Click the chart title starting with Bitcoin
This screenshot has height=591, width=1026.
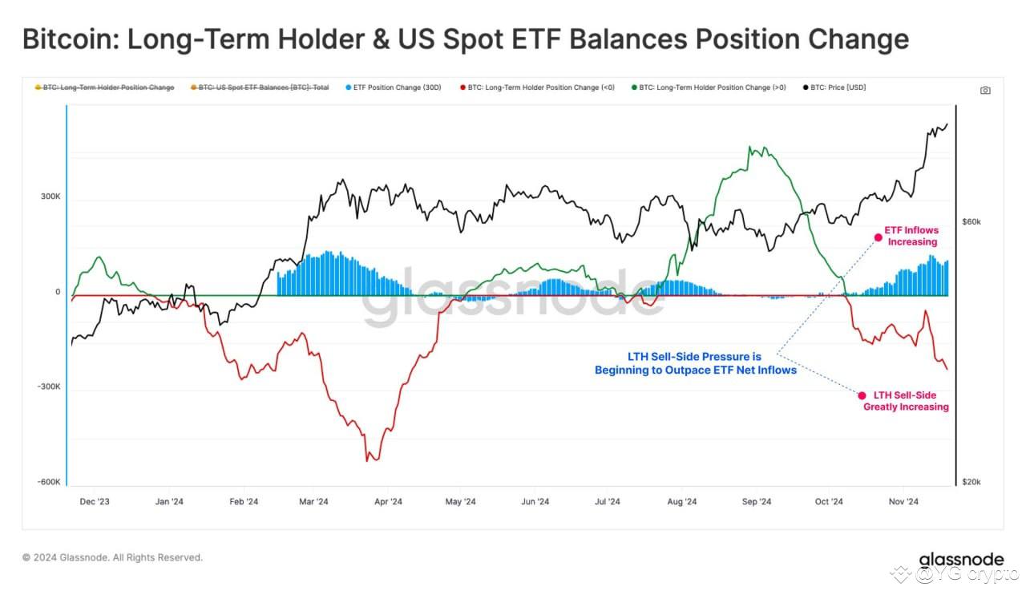[465, 39]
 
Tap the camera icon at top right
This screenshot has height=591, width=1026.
[985, 90]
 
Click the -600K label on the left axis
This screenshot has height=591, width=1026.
[48, 482]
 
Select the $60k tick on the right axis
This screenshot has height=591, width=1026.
[971, 221]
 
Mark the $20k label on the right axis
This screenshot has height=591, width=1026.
[971, 482]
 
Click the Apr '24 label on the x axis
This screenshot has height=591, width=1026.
[388, 502]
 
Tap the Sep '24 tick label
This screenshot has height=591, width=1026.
[756, 502]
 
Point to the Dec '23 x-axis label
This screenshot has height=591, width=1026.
[95, 502]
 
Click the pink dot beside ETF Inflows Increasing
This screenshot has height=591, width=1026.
[879, 237]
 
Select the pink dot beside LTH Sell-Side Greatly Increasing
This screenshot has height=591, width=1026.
[862, 395]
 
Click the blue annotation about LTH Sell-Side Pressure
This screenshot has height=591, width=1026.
[695, 363]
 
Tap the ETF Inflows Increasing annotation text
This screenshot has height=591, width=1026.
[911, 236]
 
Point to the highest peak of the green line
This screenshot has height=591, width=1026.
[749, 147]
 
